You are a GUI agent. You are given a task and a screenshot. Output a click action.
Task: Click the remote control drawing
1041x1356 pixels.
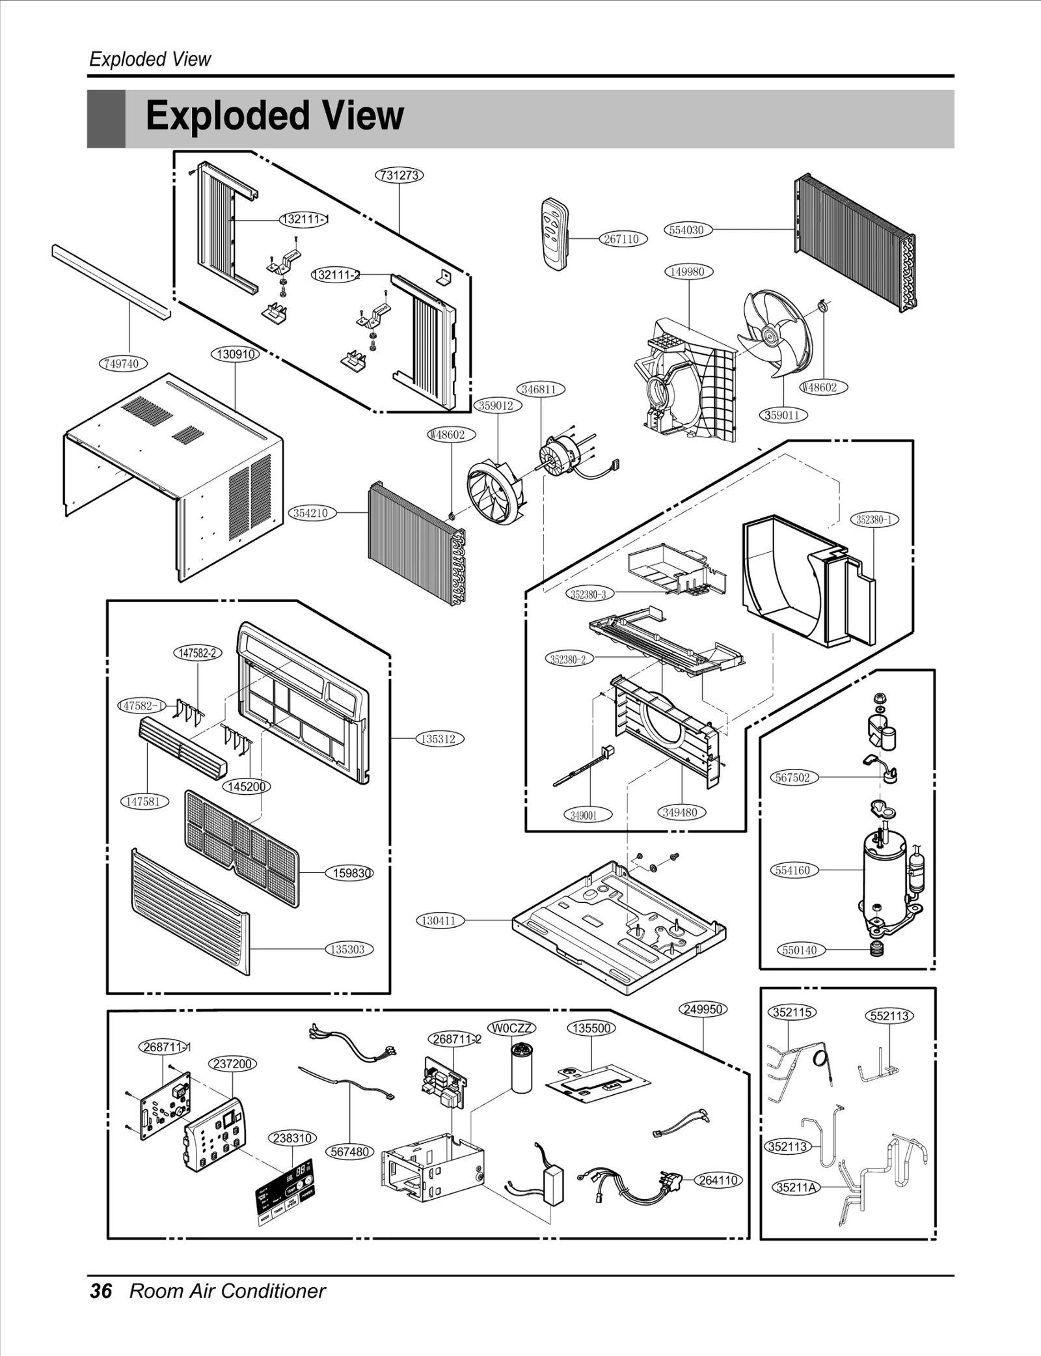[555, 234]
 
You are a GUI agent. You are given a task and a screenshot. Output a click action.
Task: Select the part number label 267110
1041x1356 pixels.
[622, 239]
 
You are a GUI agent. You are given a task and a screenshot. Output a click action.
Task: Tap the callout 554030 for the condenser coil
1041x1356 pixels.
[687, 230]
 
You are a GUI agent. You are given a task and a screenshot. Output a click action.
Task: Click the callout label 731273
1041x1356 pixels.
[399, 175]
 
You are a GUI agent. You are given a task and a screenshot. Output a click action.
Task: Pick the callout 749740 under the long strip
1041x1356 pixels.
[122, 363]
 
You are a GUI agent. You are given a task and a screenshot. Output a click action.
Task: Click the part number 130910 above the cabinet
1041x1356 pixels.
[235, 354]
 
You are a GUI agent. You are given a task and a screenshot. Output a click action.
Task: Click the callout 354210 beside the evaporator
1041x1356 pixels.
[311, 513]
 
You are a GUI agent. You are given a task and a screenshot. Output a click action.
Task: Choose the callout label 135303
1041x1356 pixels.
[348, 949]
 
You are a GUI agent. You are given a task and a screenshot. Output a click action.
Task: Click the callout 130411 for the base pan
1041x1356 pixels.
[439, 920]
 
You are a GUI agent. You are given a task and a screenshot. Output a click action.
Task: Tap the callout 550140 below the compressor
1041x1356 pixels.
[800, 950]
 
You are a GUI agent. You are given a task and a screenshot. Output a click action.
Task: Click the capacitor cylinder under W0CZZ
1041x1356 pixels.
[521, 1068]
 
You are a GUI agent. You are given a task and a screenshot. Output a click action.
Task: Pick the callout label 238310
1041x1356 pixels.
[293, 1138]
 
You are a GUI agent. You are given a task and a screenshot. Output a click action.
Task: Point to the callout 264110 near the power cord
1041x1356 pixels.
[718, 1180]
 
